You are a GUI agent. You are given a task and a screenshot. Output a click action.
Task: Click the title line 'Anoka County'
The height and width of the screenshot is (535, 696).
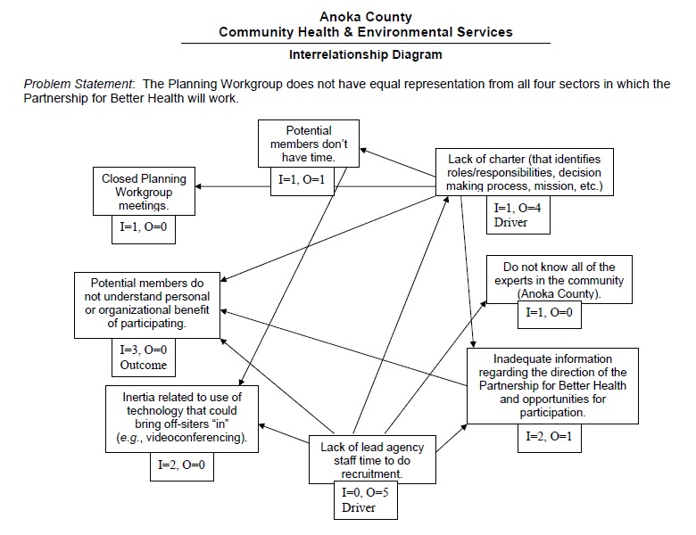click(x=366, y=16)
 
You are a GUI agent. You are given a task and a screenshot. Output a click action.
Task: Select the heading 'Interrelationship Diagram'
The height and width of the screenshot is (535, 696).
click(x=366, y=54)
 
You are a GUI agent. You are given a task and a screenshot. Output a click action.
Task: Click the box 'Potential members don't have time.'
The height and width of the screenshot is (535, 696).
click(x=310, y=143)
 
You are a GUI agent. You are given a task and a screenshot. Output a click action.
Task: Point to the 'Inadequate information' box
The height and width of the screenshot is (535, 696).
click(x=552, y=385)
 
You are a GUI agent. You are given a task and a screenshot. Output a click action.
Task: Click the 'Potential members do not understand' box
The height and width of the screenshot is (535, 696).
click(x=147, y=305)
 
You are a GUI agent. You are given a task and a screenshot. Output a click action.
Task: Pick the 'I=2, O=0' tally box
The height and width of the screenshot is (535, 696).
click(x=181, y=465)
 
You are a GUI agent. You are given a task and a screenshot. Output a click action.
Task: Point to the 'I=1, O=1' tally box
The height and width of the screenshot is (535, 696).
click(x=302, y=180)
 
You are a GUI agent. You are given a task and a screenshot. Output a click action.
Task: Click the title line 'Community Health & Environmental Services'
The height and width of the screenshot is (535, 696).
click(x=366, y=32)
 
